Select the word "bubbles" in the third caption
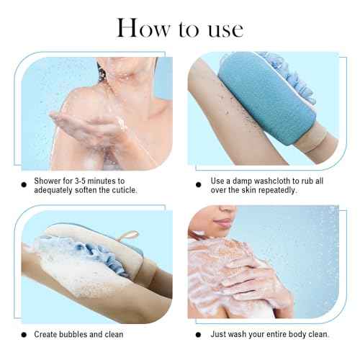tap(76, 335)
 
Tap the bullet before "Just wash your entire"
tap(199, 335)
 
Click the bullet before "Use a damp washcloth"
tap(199, 180)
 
